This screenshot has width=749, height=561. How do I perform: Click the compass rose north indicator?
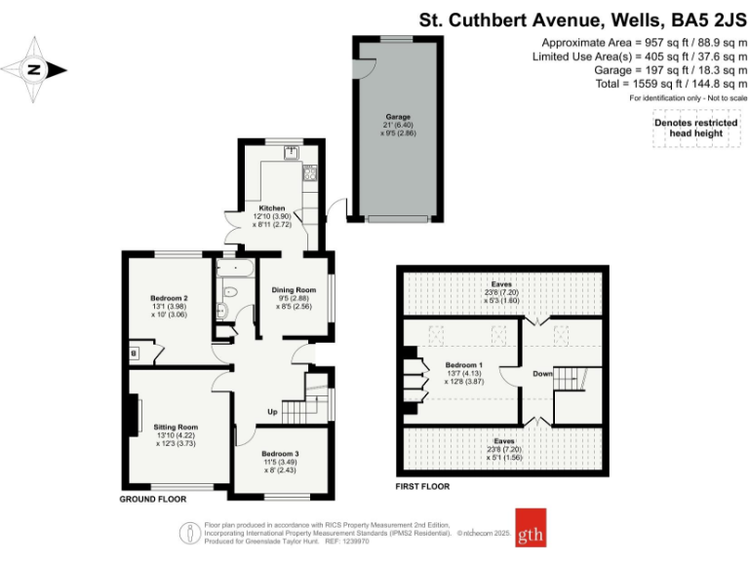coord(34,69)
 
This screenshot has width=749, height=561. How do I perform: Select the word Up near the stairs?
coord(274,411)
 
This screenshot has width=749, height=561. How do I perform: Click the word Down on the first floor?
coord(542,374)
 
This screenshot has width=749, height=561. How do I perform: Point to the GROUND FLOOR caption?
coord(152,499)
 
